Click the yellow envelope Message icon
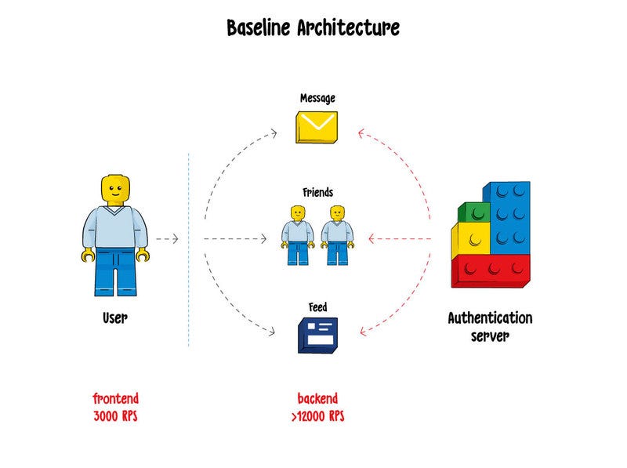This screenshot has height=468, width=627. pyautogui.click(x=316, y=127)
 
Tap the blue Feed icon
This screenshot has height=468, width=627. pyautogui.click(x=317, y=335)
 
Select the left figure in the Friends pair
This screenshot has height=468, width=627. pyautogui.click(x=297, y=235)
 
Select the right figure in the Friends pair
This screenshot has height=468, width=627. pyautogui.click(x=337, y=235)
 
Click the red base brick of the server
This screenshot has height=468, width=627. pyautogui.click(x=490, y=270)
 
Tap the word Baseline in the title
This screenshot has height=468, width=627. pyautogui.click(x=259, y=28)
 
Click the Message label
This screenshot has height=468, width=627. pyautogui.click(x=317, y=99)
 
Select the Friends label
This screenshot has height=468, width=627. pyautogui.click(x=317, y=192)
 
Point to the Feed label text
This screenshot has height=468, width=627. pyautogui.click(x=317, y=307)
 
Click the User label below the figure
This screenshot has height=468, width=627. pyautogui.click(x=115, y=319)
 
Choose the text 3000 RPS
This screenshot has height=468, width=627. pyautogui.click(x=115, y=415)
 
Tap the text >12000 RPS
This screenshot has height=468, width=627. pyautogui.click(x=317, y=415)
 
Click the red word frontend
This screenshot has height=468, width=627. pyautogui.click(x=115, y=398)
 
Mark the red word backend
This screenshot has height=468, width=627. pyautogui.click(x=317, y=398)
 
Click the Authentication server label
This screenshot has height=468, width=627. pyautogui.click(x=490, y=327)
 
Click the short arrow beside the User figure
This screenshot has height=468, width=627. pyautogui.click(x=167, y=238)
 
